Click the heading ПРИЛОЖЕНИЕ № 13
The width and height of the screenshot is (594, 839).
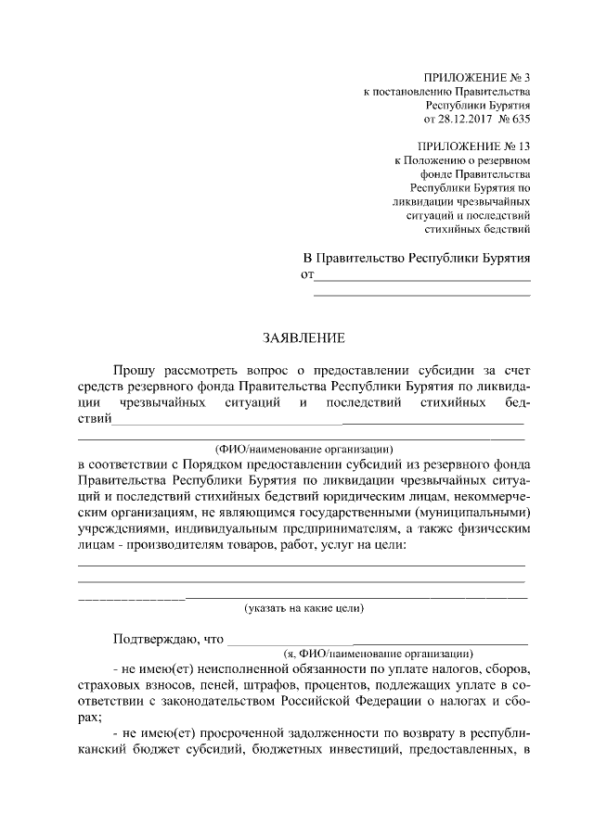[473, 146]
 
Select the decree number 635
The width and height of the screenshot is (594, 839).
[521, 119]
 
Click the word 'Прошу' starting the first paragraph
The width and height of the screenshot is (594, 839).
[135, 371]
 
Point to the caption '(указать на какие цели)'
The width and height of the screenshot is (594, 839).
[303, 608]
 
